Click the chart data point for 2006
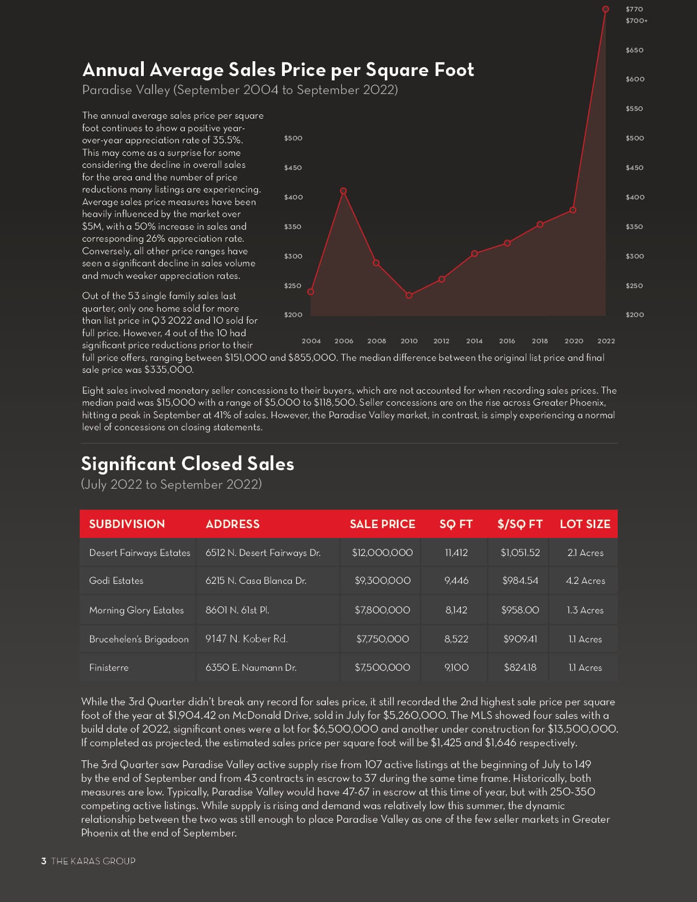(343, 191)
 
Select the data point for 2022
(605, 9)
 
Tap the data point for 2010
(409, 295)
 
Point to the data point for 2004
(311, 291)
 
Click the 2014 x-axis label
(474, 341)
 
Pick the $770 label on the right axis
(634, 9)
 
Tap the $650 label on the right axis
(634, 50)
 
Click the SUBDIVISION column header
(127, 524)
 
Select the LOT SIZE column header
(585, 524)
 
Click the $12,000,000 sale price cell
(382, 553)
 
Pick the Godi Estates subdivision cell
(116, 581)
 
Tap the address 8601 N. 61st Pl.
(237, 610)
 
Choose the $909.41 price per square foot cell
(520, 639)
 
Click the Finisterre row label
(109, 667)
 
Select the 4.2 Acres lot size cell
(585, 581)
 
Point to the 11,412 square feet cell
(456, 553)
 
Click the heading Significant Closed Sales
(188, 464)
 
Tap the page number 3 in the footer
(44, 861)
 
